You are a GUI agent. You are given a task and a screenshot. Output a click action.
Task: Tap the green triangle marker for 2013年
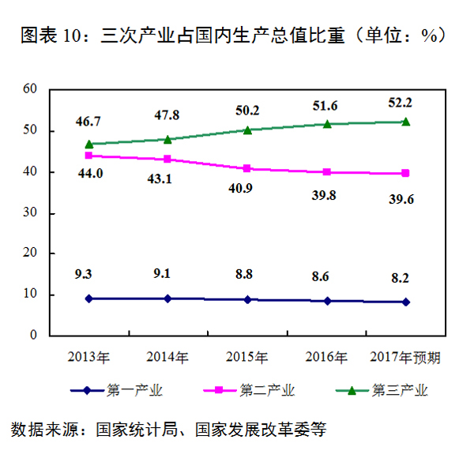pos(89,144)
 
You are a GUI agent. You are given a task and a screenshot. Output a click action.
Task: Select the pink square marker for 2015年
pos(247,168)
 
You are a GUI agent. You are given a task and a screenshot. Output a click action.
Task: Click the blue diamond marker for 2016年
pos(326,301)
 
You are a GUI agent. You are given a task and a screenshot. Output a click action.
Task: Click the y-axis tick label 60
pos(30,90)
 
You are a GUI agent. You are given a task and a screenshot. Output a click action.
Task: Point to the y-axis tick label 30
pos(30,213)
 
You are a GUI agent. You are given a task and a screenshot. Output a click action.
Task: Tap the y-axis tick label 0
pos(33,336)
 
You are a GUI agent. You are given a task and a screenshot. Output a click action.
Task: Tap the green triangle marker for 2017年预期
pos(405,122)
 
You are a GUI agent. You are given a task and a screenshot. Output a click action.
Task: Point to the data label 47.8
pos(166,115)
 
